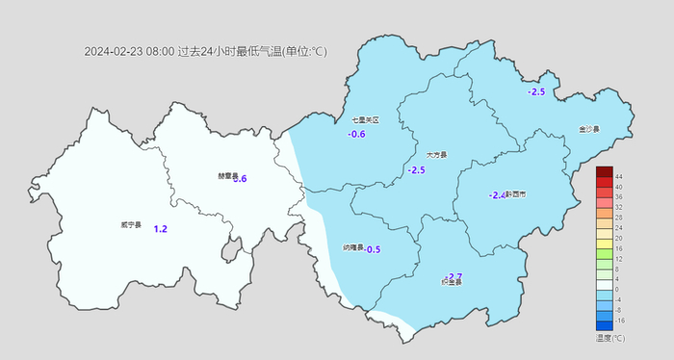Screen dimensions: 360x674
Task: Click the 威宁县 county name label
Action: tap(131, 225)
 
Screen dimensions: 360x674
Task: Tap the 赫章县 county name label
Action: tap(226, 175)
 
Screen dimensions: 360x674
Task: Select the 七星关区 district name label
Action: tap(365, 120)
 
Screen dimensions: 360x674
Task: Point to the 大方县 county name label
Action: tap(436, 154)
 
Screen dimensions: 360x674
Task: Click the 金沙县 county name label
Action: tap(589, 129)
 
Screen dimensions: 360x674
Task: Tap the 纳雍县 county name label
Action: tap(353, 247)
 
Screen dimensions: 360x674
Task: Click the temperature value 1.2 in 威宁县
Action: tap(161, 229)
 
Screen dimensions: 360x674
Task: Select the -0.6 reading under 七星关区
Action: tap(356, 135)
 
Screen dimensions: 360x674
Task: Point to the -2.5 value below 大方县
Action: tap(416, 170)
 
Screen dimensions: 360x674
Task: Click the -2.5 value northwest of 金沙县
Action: tap(536, 92)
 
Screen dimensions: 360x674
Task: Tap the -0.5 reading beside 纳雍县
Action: tap(372, 249)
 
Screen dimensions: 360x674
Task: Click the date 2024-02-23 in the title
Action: tap(113, 52)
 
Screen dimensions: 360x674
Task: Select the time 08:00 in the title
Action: tap(160, 52)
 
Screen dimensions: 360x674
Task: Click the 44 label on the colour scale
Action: tap(619, 177)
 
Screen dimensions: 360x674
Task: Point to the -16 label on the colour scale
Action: tap(620, 320)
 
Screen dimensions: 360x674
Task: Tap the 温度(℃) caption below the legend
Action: tap(610, 338)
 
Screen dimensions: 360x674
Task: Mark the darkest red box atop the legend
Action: tap(604, 171)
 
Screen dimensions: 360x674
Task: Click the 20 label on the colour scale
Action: tap(619, 238)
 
